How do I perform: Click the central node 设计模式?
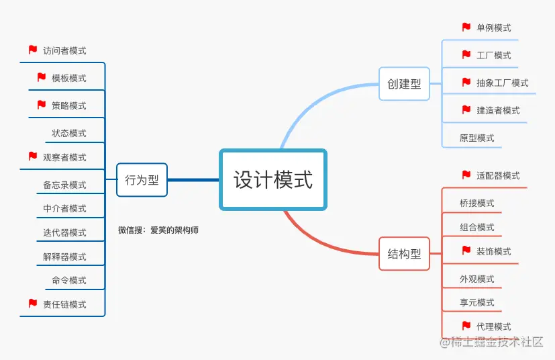(x=272, y=179)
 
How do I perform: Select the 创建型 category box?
(x=404, y=84)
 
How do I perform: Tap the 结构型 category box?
(x=404, y=254)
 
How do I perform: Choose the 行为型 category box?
(x=142, y=180)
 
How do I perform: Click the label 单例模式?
(x=493, y=28)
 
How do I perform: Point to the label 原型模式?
(x=476, y=138)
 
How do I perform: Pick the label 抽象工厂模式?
(x=502, y=83)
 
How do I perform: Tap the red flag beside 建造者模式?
(x=466, y=109)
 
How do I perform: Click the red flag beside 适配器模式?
(x=466, y=175)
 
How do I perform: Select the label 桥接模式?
(x=476, y=203)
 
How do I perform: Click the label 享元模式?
(x=476, y=302)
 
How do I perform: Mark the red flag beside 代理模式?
(x=466, y=326)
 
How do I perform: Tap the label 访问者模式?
(x=64, y=50)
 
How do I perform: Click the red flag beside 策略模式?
(x=42, y=105)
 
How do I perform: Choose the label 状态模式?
(x=69, y=133)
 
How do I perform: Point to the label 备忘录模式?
(x=64, y=185)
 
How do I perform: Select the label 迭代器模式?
(x=64, y=232)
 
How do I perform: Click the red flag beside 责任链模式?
(x=33, y=304)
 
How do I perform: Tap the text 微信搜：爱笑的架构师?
(x=158, y=230)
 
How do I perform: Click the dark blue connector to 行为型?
(x=193, y=180)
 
